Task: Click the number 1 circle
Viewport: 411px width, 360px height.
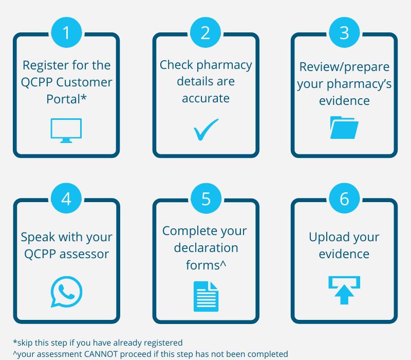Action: pyautogui.click(x=66, y=32)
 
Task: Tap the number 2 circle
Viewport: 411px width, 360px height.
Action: pyautogui.click(x=206, y=32)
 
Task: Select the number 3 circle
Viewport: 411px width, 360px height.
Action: pyautogui.click(x=344, y=32)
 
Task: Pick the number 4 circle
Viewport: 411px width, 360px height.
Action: pyautogui.click(x=66, y=199)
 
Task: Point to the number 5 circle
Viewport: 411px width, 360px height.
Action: pyautogui.click(x=206, y=199)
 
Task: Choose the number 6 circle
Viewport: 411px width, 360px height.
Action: pyautogui.click(x=344, y=199)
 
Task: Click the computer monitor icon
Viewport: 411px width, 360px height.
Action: pyautogui.click(x=66, y=130)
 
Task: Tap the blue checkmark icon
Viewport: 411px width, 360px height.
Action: pyautogui.click(x=206, y=130)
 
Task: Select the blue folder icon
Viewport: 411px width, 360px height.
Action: pyautogui.click(x=344, y=128)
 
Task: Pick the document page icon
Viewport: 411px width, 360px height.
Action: pyautogui.click(x=206, y=296)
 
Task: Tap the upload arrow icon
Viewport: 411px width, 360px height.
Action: pyautogui.click(x=344, y=290)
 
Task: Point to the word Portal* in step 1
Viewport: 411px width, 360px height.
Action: pyautogui.click(x=66, y=99)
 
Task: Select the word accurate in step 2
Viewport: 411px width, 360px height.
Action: pyautogui.click(x=206, y=98)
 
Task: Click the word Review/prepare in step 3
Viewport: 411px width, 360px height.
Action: pyautogui.click(x=344, y=67)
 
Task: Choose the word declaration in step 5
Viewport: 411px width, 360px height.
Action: pyautogui.click(x=206, y=248)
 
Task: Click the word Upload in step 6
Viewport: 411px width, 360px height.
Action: pyautogui.click(x=327, y=238)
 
